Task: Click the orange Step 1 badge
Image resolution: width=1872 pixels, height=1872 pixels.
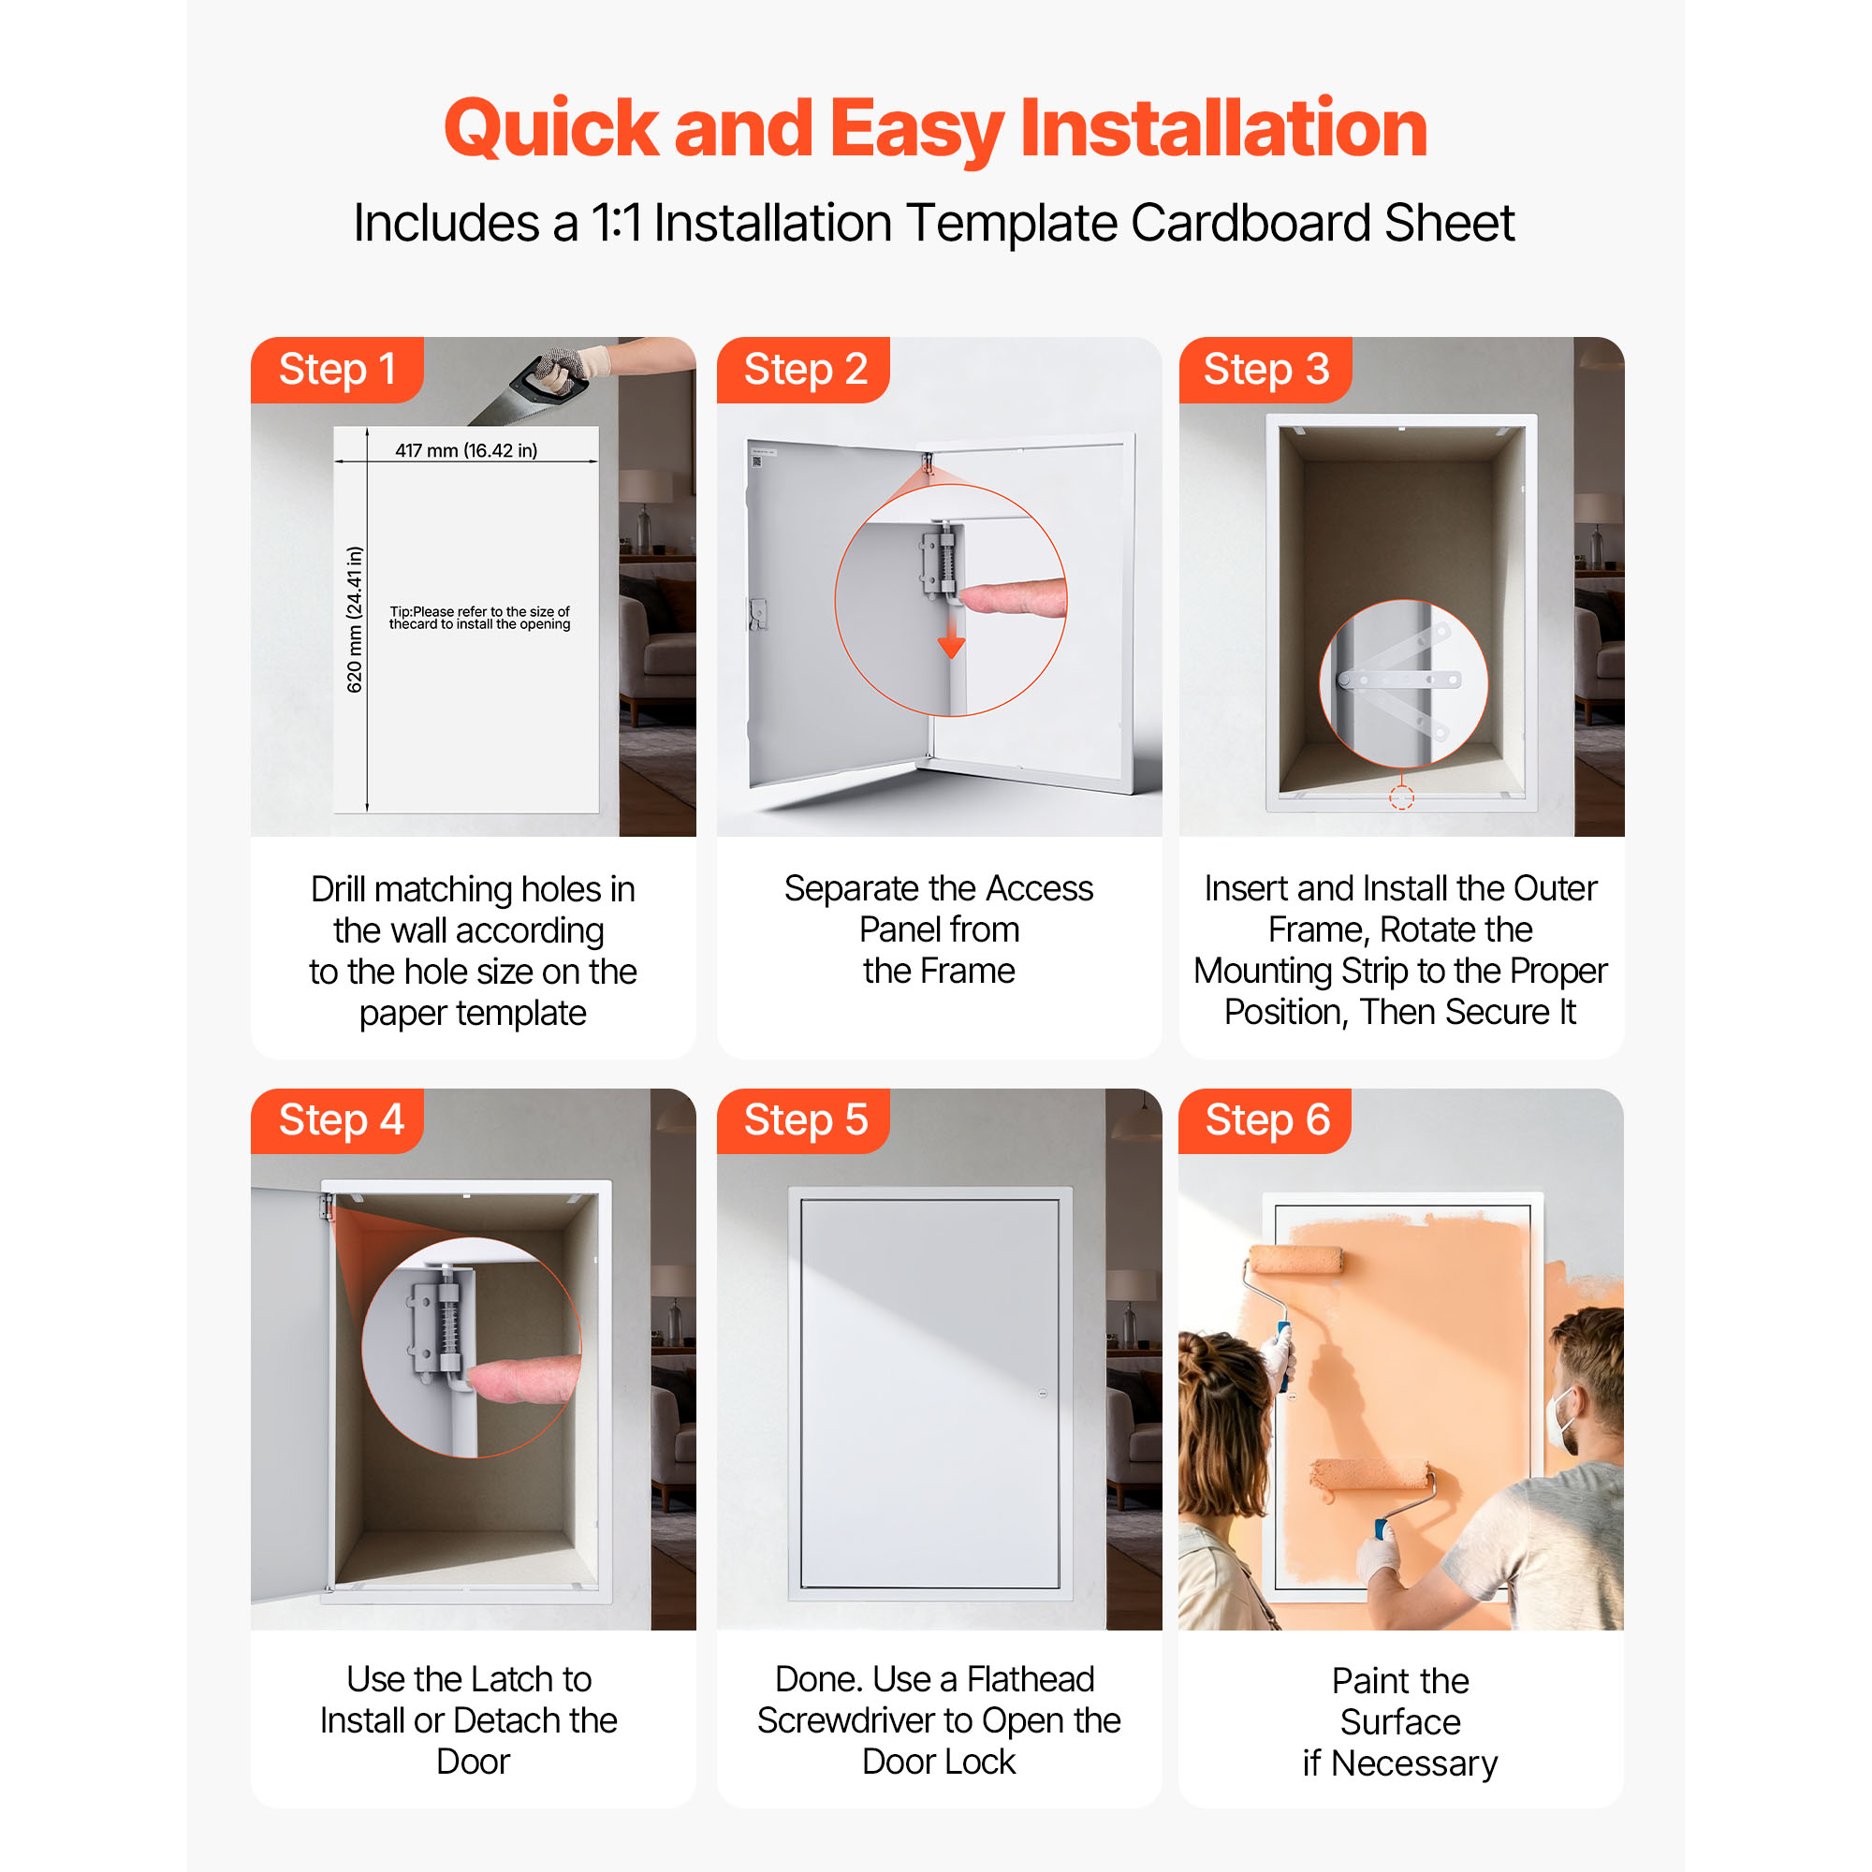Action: coord(337,369)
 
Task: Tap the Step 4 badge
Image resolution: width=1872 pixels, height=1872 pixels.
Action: coord(337,1120)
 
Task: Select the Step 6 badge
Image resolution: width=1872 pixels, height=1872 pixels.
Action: coord(1265,1120)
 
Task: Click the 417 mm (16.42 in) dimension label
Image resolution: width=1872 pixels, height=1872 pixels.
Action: coord(466,450)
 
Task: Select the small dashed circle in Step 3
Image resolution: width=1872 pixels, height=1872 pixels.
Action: coord(1401,797)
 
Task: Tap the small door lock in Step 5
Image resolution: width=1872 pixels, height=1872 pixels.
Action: coord(1043,1394)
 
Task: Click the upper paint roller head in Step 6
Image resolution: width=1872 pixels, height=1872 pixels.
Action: coord(1296,1261)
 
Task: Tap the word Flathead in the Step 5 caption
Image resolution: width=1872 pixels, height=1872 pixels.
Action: coord(1030,1679)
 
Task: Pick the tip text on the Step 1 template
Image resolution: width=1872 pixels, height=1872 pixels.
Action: coord(479,618)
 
